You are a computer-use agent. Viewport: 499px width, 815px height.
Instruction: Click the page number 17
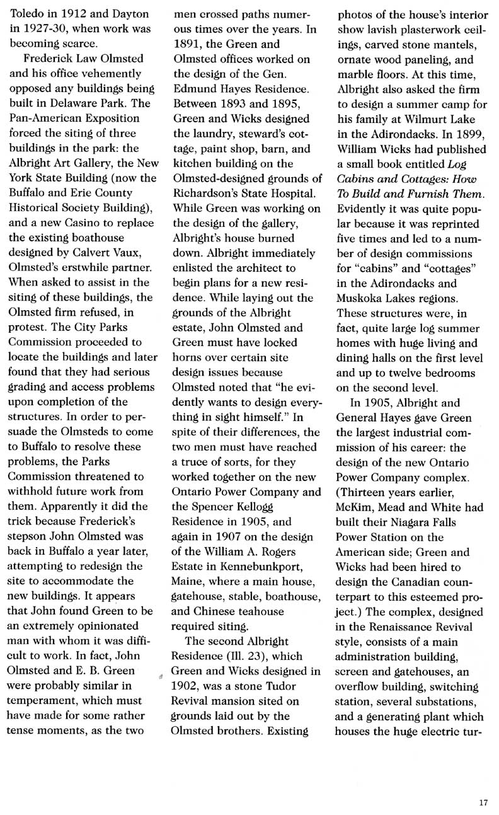(x=483, y=802)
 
